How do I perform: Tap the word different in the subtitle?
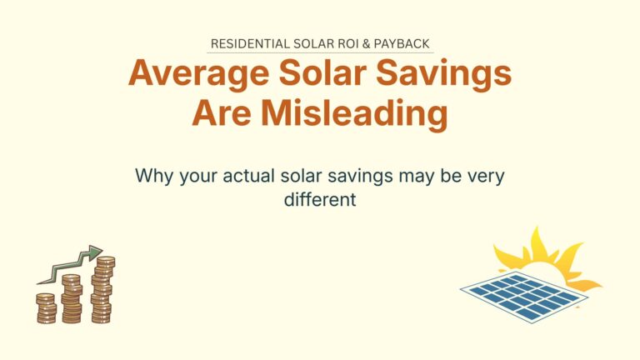[x=320, y=200]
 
